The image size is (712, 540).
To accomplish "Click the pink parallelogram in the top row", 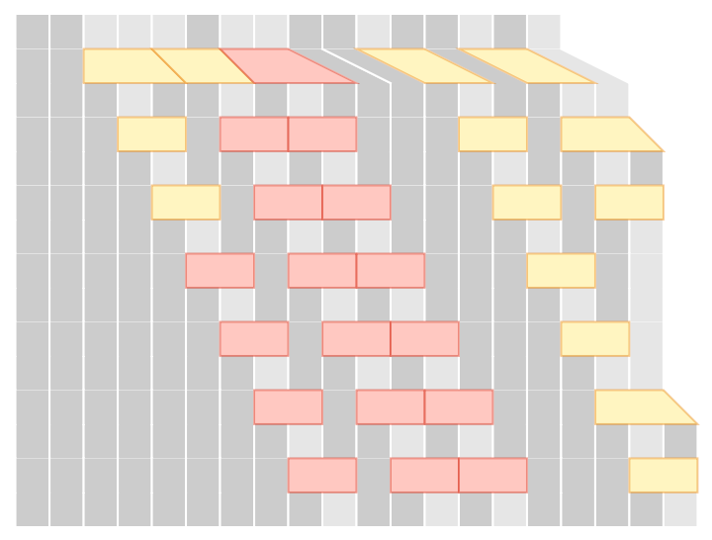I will [287, 66].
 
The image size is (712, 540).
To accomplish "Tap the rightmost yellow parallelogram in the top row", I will [527, 66].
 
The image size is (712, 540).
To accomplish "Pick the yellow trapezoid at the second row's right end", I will [605, 135].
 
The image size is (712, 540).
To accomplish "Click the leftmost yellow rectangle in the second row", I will [151, 135].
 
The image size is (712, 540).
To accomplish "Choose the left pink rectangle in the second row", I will [253, 135].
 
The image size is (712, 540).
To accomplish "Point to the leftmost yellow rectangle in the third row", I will [186, 203].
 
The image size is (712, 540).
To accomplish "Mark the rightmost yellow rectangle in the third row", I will [629, 203].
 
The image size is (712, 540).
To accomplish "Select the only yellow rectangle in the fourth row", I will [561, 271].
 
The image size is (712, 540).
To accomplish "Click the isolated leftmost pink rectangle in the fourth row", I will [220, 271].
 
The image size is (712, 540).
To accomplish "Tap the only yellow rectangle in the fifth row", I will [594, 339].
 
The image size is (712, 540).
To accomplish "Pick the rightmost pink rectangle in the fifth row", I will [424, 339].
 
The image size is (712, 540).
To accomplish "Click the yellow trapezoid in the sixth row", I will [638, 407].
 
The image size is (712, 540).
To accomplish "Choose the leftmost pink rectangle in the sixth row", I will [288, 407].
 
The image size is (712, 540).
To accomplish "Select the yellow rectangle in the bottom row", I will [663, 476].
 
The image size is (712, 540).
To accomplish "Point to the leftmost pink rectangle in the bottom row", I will [321, 476].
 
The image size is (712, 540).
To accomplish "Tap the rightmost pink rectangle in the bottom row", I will [492, 476].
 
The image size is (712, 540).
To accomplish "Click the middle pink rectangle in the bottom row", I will [424, 476].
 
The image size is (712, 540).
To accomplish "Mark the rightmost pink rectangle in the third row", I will [356, 203].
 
